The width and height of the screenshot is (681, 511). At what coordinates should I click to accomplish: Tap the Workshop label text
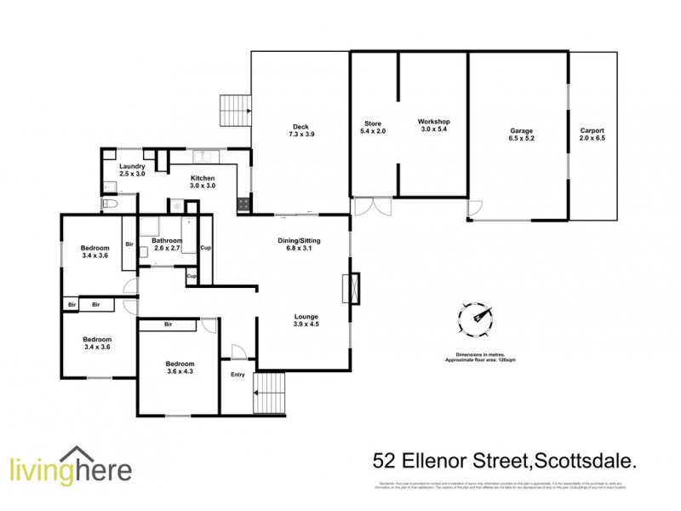[x=433, y=123]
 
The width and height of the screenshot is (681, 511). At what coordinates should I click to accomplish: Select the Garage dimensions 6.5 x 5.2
[x=522, y=138]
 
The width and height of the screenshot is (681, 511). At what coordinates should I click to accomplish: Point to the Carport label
[x=592, y=130]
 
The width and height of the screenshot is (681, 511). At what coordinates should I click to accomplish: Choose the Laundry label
[x=132, y=166]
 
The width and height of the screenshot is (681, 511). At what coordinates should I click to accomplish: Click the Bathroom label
[x=167, y=241]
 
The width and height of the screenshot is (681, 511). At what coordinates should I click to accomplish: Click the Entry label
[x=237, y=374]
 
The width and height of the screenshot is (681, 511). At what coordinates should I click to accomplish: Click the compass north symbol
[x=477, y=319]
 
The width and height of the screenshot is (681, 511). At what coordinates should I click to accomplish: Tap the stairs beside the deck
[x=236, y=110]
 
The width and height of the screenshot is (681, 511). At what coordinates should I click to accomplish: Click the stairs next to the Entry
[x=272, y=393]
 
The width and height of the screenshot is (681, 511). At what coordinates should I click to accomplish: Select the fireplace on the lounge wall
[x=350, y=288]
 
